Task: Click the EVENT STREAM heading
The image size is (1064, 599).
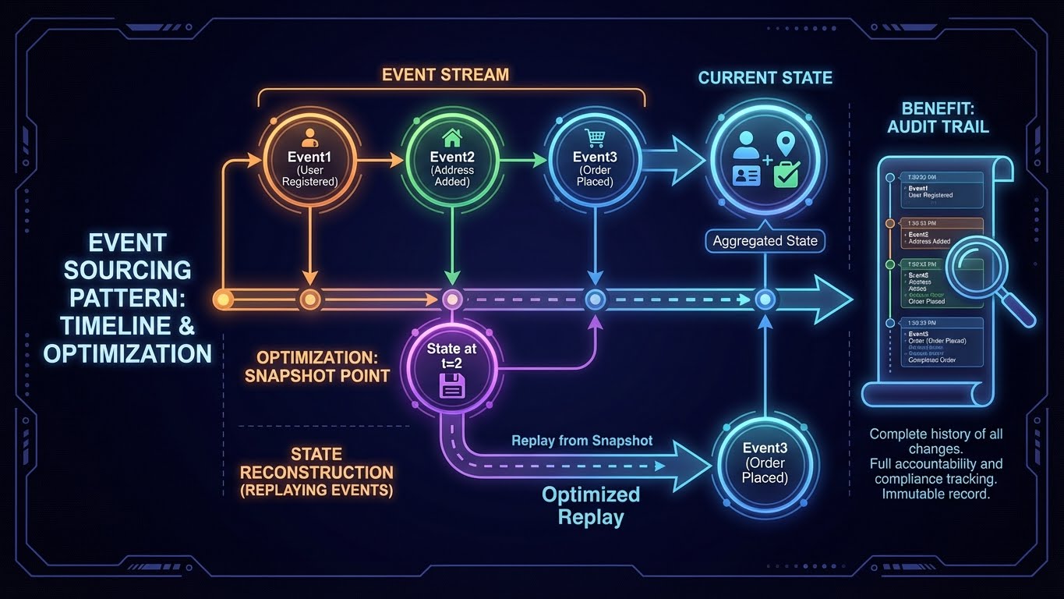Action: (x=445, y=75)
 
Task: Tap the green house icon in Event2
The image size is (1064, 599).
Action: (x=451, y=139)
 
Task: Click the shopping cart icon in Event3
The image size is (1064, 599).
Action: (x=596, y=137)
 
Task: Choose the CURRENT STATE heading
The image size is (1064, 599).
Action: (x=765, y=78)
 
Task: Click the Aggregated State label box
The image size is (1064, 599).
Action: (x=765, y=241)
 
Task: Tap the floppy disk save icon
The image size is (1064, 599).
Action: (x=451, y=385)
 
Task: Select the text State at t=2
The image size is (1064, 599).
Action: (x=451, y=356)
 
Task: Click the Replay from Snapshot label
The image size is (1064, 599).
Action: (x=581, y=441)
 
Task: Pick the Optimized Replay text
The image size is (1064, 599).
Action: (x=591, y=505)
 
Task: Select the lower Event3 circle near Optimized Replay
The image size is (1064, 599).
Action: (x=765, y=464)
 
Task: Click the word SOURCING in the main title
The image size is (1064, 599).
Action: (x=127, y=270)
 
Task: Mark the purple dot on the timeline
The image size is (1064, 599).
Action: (x=452, y=299)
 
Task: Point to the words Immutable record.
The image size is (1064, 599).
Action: (x=935, y=494)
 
